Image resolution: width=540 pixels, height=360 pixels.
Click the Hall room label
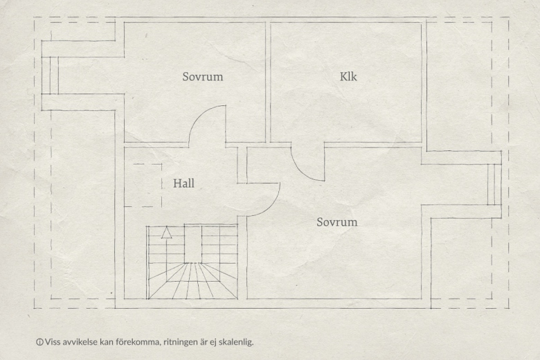183,183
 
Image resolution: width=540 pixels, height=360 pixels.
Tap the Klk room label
348,76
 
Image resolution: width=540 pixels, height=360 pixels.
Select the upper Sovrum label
202,76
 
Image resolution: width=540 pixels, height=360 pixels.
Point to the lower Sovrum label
337,222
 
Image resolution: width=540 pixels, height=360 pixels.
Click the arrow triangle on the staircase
167,233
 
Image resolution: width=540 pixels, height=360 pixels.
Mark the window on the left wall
51,75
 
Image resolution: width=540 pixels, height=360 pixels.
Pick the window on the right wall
494,185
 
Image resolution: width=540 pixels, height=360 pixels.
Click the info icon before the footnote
39,342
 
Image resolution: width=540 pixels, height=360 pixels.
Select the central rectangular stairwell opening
193,244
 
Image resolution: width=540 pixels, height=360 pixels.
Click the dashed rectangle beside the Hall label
143,186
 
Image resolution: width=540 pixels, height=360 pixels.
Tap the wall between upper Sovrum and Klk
268,82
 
